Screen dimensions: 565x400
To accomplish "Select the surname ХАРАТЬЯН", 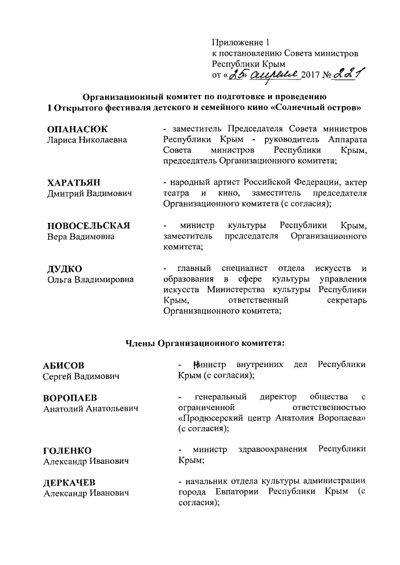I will point(74,182).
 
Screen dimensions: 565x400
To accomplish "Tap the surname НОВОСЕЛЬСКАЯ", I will point(89,226).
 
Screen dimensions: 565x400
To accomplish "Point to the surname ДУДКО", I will point(65,269).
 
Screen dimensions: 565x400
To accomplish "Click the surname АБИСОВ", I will point(64,365).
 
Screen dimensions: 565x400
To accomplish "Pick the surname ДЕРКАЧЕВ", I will point(69,483).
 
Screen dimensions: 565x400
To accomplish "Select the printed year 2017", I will point(311,76).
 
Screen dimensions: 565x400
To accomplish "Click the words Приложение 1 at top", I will point(240,43).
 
